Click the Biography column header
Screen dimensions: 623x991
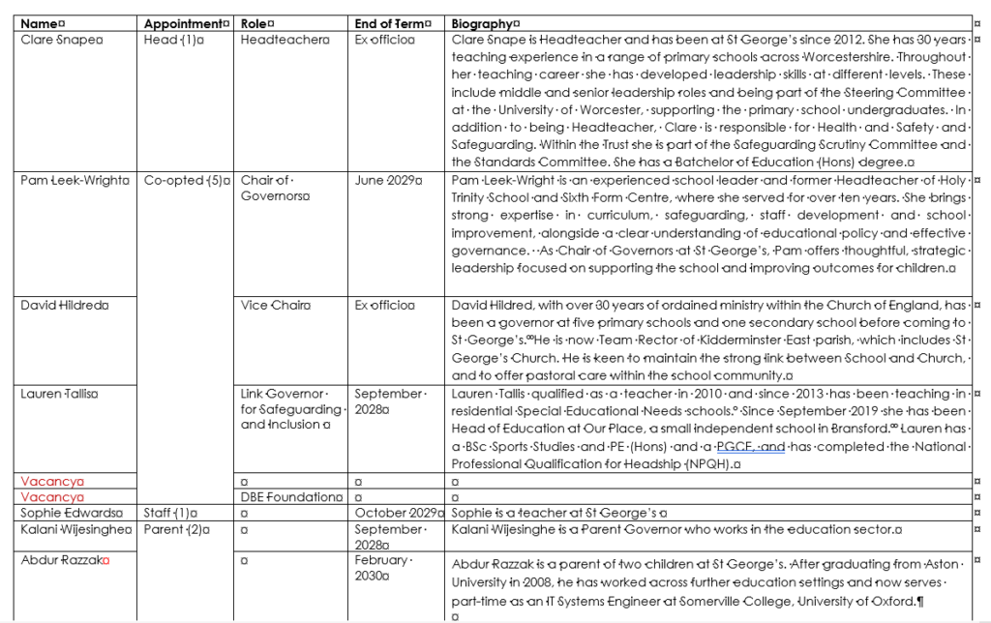pyautogui.click(x=484, y=23)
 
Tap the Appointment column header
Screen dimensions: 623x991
pyautogui.click(x=185, y=23)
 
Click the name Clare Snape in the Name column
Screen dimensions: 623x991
pyautogui.click(x=60, y=40)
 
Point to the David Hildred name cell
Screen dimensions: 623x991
pyautogui.click(x=63, y=305)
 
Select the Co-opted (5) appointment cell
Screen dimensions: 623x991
pyautogui.click(x=186, y=181)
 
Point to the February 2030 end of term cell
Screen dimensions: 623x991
pyautogui.click(x=381, y=568)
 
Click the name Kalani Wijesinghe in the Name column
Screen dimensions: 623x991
pyautogui.click(x=75, y=529)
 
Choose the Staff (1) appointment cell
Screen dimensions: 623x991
pyautogui.click(x=169, y=513)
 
